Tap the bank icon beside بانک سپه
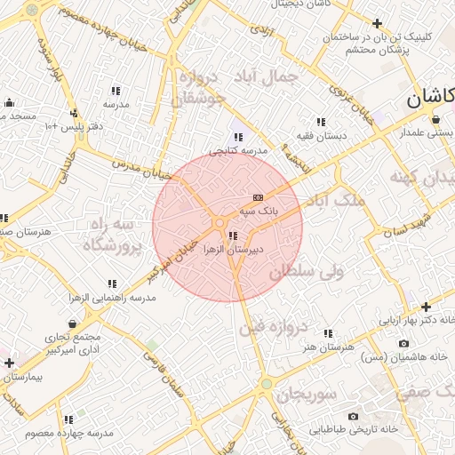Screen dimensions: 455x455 pyautogui.click(x=259, y=196)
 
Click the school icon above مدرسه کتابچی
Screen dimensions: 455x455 pyautogui.click(x=238, y=137)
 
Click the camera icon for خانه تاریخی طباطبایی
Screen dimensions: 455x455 pyautogui.click(x=353, y=416)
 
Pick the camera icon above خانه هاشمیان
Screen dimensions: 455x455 pyautogui.click(x=404, y=343)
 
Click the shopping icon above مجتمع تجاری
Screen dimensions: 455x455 pyautogui.click(x=72, y=323)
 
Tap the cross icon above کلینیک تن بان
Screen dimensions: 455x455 pyautogui.click(x=378, y=23)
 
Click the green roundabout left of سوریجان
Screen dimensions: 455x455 pyautogui.click(x=265, y=384)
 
